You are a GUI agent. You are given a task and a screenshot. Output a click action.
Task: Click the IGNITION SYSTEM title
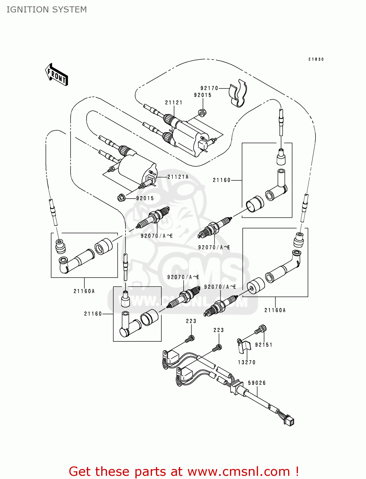(47, 10)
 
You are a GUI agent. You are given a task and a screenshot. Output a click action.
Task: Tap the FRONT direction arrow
(57, 75)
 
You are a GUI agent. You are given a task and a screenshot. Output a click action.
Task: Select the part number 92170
(209, 88)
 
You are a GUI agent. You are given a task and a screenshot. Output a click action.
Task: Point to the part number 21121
(174, 103)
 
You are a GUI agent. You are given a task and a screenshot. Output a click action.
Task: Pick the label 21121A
(178, 177)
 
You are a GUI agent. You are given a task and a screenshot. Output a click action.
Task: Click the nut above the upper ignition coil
(202, 113)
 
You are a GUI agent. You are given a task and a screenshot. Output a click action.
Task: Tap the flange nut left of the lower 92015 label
(121, 198)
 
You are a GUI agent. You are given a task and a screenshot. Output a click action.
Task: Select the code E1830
(316, 59)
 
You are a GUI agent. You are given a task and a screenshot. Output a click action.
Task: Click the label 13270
(247, 362)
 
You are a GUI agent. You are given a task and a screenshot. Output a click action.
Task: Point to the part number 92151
(263, 345)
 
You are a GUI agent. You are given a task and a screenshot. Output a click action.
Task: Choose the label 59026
(257, 383)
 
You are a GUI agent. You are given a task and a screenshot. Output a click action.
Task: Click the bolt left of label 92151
(261, 330)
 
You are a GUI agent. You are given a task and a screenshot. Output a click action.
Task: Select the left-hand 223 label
(191, 321)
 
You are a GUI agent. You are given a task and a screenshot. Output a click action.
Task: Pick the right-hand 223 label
(218, 330)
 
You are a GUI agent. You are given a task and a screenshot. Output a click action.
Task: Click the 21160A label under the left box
(84, 291)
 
